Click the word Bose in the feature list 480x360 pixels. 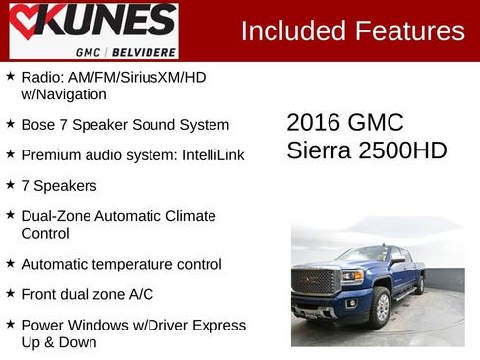pos(37,125)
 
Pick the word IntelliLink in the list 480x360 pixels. pos(208,155)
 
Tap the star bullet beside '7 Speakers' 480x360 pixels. pos(10,184)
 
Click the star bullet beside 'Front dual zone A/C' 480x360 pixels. pos(10,293)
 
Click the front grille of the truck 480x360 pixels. pos(317,280)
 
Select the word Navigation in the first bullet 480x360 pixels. pos(73,95)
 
